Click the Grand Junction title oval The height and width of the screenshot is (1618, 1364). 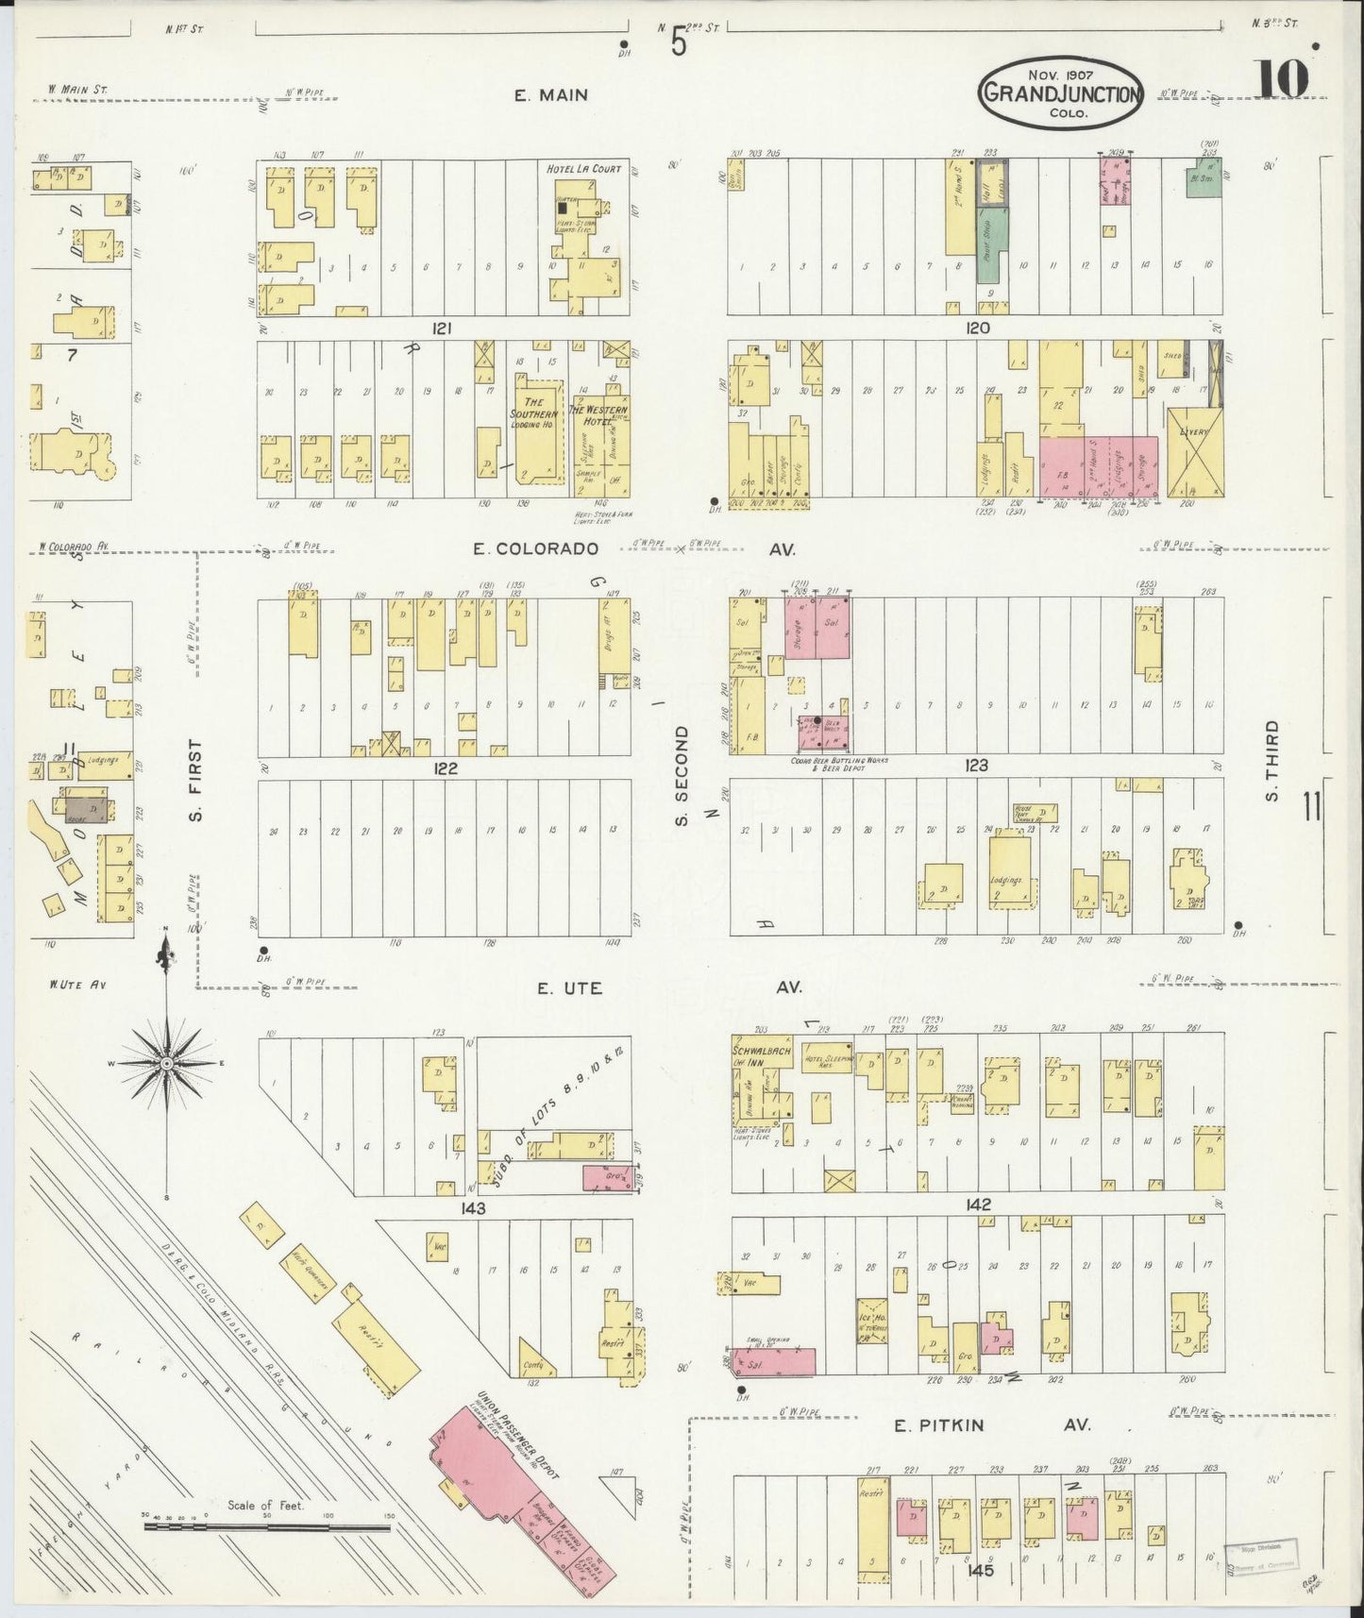(1062, 93)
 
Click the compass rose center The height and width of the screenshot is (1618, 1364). (167, 1063)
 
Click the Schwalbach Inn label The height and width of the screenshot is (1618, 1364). (760, 1055)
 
